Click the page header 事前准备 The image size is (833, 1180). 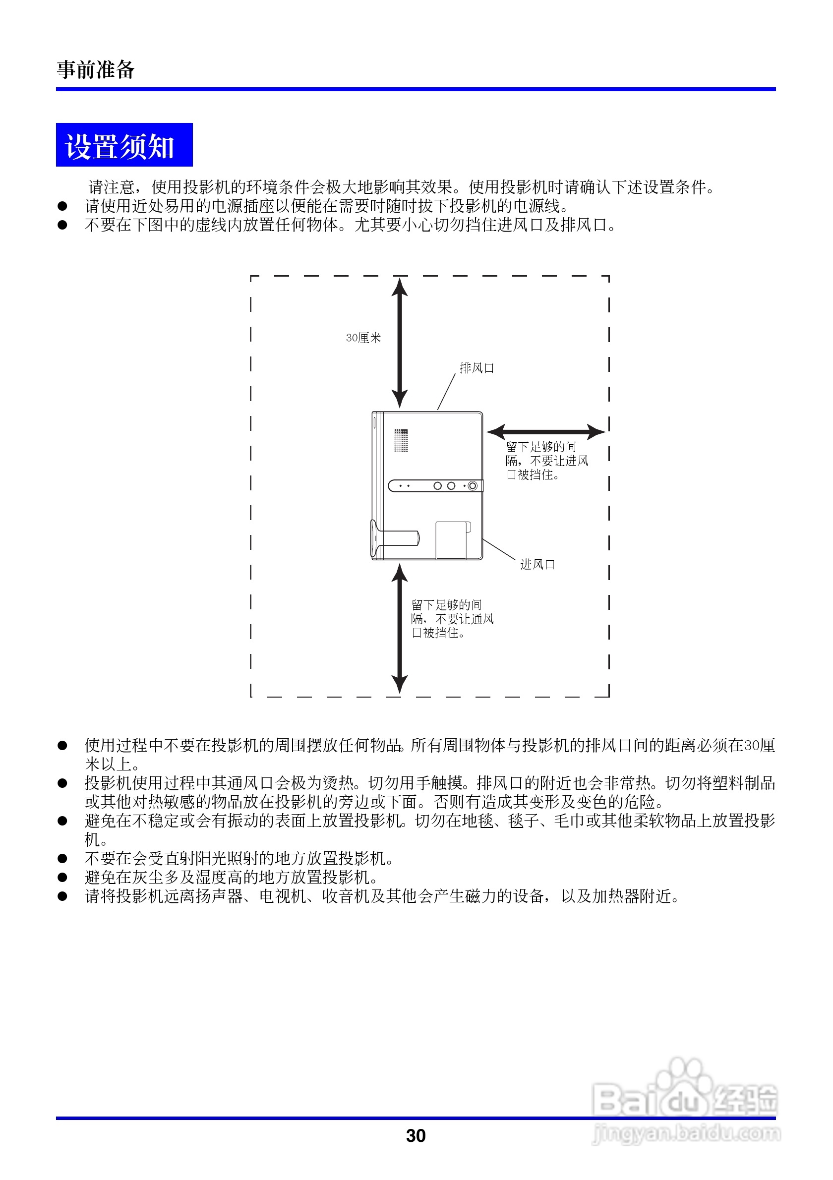point(96,69)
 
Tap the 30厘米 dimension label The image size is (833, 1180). point(363,338)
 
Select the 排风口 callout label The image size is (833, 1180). point(476,368)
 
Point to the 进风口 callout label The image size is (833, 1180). point(537,564)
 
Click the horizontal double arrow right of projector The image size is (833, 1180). point(546,432)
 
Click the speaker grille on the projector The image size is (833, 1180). point(401,440)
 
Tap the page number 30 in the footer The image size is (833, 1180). point(416,1135)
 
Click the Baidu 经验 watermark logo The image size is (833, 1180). point(685,1095)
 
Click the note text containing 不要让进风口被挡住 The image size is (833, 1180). point(546,461)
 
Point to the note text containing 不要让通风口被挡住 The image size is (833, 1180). point(452,619)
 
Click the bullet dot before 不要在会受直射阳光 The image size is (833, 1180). point(62,858)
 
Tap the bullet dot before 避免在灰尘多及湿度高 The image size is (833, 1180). point(62,877)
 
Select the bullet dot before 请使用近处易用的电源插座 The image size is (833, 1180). point(62,206)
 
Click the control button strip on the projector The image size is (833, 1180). point(435,486)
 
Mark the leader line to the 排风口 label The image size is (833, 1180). point(446,392)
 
